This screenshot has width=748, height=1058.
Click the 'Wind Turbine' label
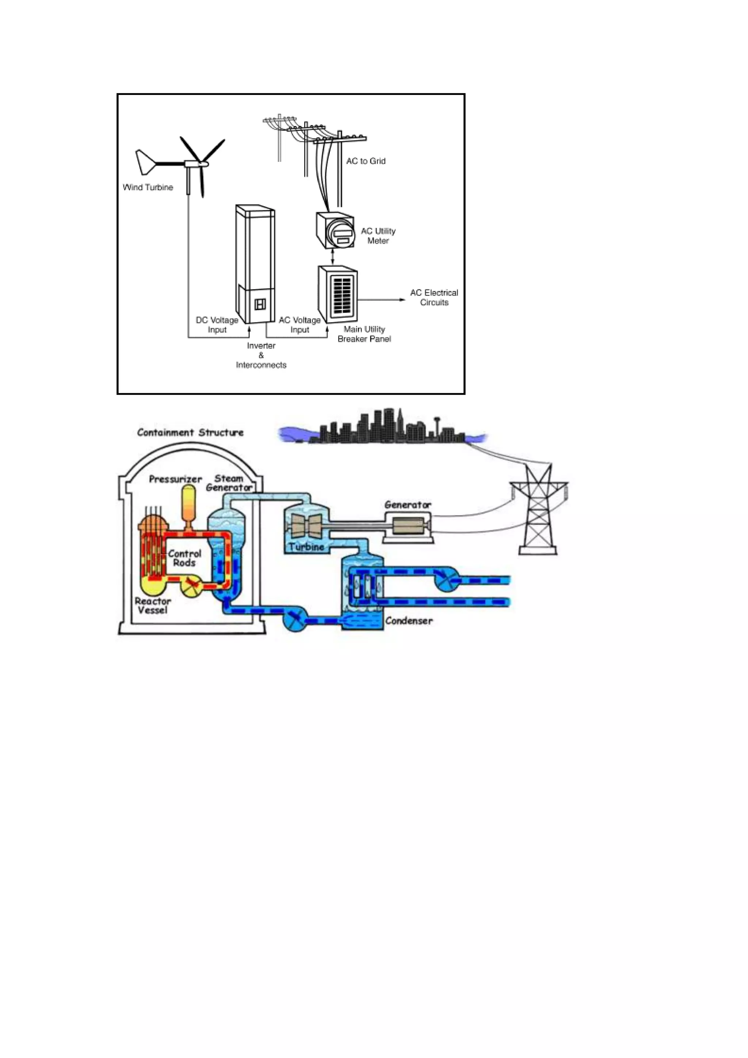click(148, 187)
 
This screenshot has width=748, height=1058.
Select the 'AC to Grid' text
click(366, 161)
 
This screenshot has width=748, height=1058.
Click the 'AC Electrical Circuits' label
click(434, 298)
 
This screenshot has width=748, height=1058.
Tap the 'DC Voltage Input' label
click(217, 325)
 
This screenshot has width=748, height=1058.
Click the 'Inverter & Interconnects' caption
click(261, 355)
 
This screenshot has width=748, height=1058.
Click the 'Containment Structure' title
click(190, 433)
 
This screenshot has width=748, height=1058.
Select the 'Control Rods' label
click(184, 558)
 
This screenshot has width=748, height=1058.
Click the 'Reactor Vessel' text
click(152, 605)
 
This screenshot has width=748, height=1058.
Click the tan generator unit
click(408, 525)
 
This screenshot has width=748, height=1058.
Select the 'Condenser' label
click(409, 621)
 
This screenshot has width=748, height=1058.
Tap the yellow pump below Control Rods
click(190, 586)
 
